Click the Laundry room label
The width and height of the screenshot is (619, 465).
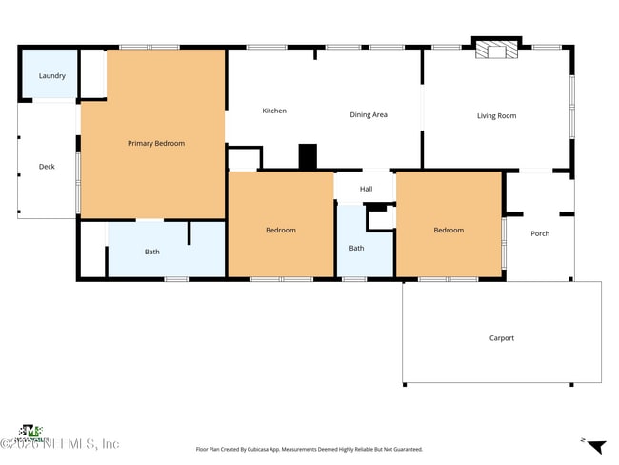point(51,75)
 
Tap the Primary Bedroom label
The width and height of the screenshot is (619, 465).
point(156,143)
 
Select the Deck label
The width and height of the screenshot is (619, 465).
point(47,167)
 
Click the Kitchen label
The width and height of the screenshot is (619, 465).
point(274,111)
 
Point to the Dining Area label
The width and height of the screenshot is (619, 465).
point(369,115)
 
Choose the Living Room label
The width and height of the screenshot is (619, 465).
point(496,116)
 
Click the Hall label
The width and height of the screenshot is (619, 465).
point(366,189)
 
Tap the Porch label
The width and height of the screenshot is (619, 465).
point(540,233)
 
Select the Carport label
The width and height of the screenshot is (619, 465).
point(502,338)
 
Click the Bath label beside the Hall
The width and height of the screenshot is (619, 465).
point(356,248)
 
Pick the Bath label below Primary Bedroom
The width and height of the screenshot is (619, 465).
point(152,252)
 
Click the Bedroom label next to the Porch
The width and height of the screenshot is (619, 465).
point(449,230)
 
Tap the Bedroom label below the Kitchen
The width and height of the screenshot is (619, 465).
point(280,230)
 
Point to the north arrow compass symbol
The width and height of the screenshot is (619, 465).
point(595,445)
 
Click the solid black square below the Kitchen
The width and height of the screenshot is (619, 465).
point(308,156)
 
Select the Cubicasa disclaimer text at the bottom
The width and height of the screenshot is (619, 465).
point(309,449)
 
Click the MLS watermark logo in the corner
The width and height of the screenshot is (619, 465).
point(32,435)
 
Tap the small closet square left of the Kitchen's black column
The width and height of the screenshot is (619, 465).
point(244,159)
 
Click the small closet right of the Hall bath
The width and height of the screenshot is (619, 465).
point(381,218)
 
